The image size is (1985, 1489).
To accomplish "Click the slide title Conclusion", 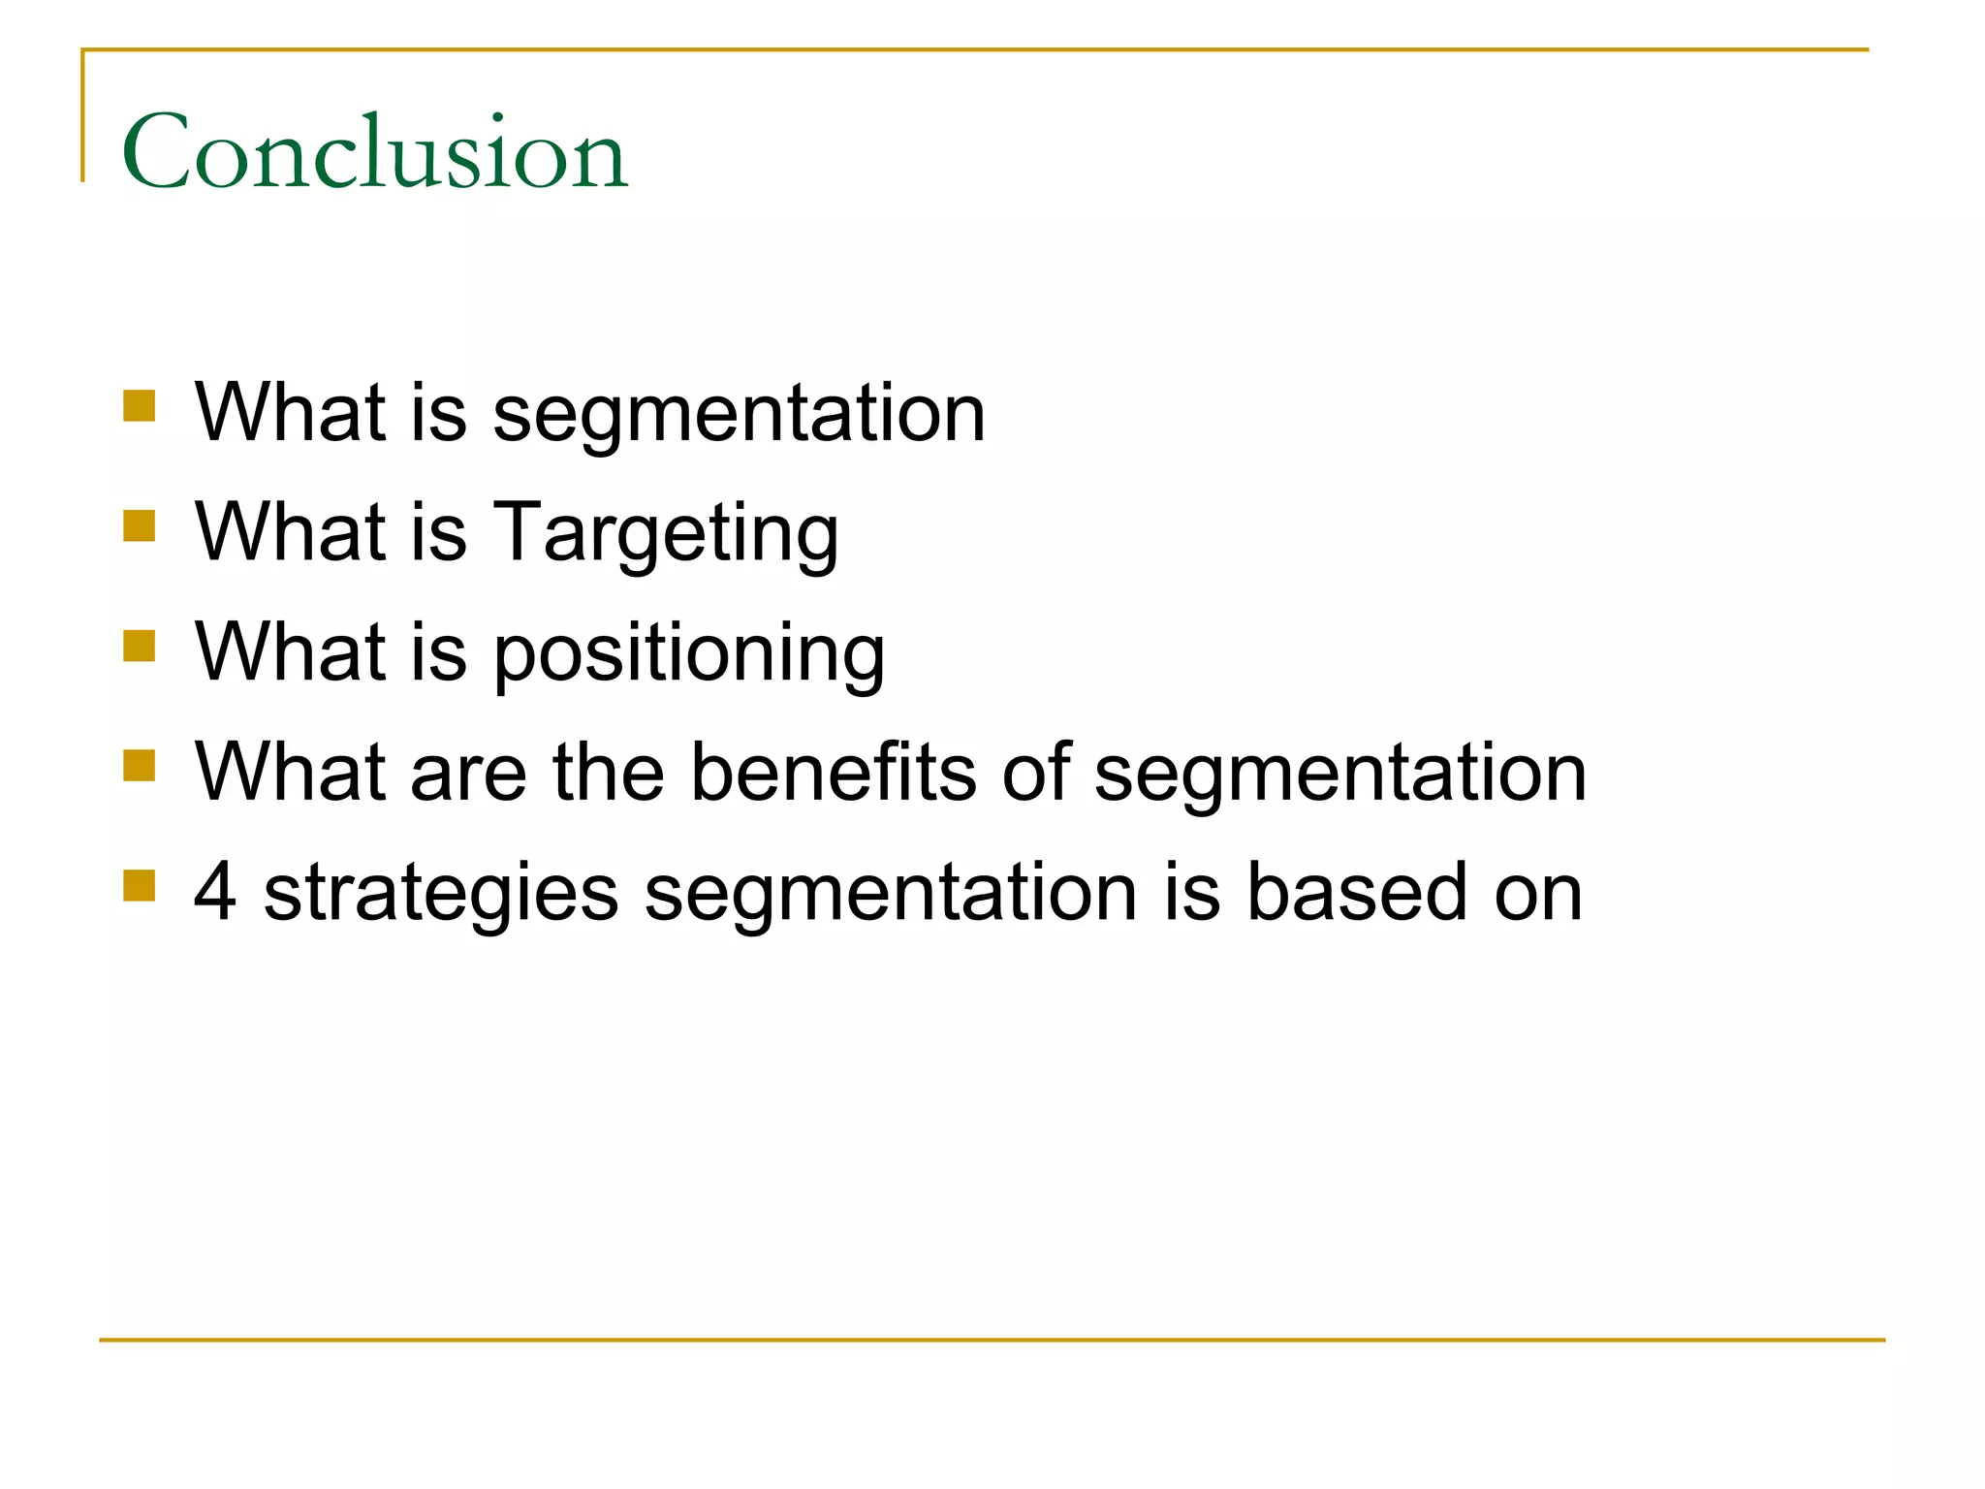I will click(375, 152).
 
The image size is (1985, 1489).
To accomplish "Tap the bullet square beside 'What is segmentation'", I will click(140, 406).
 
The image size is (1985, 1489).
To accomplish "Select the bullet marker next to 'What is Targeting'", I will click(140, 526).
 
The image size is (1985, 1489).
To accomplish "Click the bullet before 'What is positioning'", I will click(140, 646).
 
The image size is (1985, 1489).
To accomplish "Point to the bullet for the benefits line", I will click(140, 766).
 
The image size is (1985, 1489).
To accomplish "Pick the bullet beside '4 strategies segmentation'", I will click(140, 885).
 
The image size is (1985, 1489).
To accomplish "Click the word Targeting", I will click(666, 533).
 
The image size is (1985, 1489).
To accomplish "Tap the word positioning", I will click(689, 653).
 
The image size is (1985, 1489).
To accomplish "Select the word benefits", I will click(833, 773).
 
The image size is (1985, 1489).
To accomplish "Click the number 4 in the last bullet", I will click(215, 892).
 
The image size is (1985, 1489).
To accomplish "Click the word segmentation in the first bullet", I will click(739, 414).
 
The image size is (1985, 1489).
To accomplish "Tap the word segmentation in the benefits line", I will click(1340, 774).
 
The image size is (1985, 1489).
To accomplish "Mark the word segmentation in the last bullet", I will click(891, 893).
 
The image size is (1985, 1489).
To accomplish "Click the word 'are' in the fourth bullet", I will click(469, 774).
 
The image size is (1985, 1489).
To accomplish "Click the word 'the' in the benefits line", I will click(608, 772).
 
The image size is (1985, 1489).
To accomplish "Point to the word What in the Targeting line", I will click(290, 532).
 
